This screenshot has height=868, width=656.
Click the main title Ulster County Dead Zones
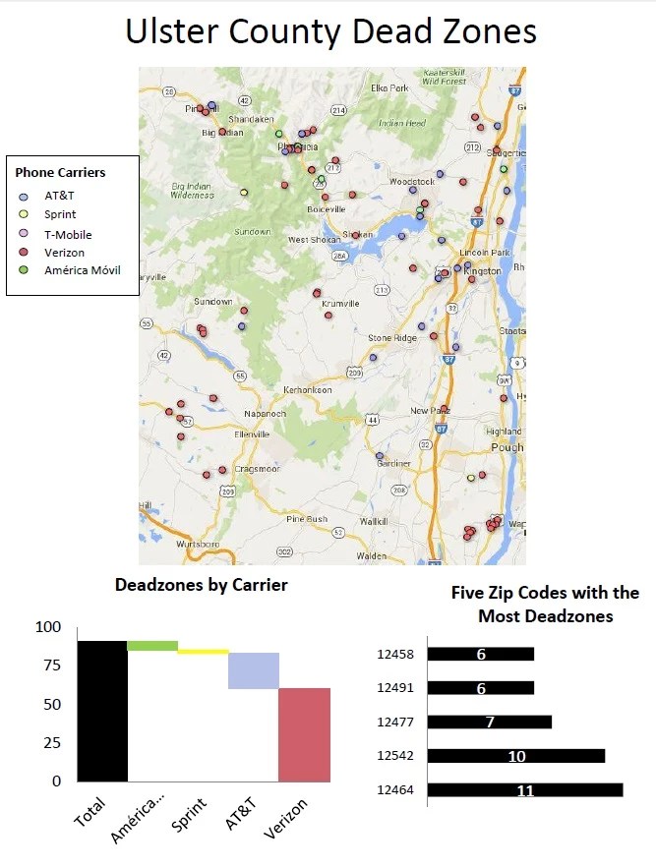click(x=330, y=31)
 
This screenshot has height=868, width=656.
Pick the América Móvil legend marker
click(x=25, y=270)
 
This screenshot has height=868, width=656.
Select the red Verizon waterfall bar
click(x=304, y=734)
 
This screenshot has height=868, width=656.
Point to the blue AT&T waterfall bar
click(x=254, y=670)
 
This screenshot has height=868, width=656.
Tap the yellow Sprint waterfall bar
click(x=203, y=652)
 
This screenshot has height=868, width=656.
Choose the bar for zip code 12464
click(x=525, y=790)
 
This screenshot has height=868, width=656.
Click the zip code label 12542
click(x=396, y=756)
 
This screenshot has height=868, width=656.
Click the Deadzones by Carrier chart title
click(x=201, y=585)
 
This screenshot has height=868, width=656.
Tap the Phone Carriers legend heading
click(x=60, y=173)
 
